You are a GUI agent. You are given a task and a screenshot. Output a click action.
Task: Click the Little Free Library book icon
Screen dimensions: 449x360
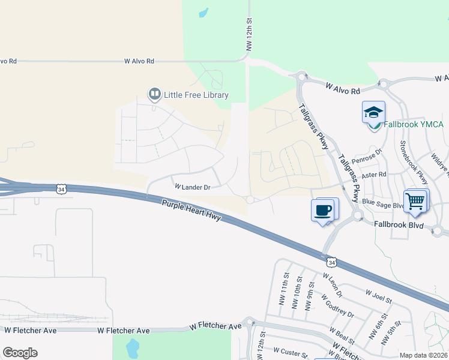[x=155, y=94]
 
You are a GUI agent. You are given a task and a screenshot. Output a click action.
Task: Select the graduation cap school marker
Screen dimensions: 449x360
[x=373, y=112]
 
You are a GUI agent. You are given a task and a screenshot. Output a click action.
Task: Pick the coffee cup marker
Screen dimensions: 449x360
[x=323, y=210]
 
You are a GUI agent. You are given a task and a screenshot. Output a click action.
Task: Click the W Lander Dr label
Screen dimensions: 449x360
[x=192, y=187]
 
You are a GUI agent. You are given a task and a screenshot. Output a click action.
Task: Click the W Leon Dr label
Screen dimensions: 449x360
[x=332, y=286]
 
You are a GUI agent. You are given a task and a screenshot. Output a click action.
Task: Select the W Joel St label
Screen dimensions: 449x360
[x=378, y=295]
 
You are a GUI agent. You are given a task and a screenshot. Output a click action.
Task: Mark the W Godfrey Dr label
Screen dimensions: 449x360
[x=337, y=306]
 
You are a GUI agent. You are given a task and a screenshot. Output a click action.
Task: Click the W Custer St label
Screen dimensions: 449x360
[x=291, y=350]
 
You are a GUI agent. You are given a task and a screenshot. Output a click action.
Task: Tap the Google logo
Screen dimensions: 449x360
[x=20, y=353]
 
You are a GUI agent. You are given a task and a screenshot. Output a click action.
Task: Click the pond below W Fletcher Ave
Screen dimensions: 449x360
[x=132, y=346]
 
